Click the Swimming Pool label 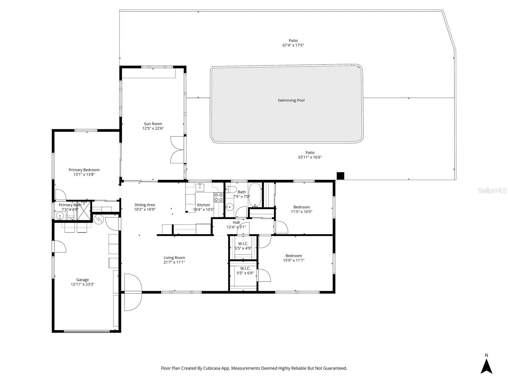pyautogui.click(x=291, y=100)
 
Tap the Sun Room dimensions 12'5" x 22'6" pyautogui.click(x=153, y=128)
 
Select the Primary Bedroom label pyautogui.click(x=84, y=170)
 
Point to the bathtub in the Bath pyautogui.click(x=254, y=195)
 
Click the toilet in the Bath pyautogui.click(x=231, y=190)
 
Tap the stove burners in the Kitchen pyautogui.click(x=218, y=197)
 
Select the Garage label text pyautogui.click(x=82, y=280)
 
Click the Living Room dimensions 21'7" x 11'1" pyautogui.click(x=174, y=262)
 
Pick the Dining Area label pyautogui.click(x=145, y=205)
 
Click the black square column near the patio pyautogui.click(x=340, y=176)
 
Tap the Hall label pyautogui.click(x=236, y=222)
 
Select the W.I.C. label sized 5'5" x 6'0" pyautogui.click(x=245, y=269)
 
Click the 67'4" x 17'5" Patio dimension pyautogui.click(x=293, y=45)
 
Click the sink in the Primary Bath pyautogui.click(x=59, y=216)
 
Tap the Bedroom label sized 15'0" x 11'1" pyautogui.click(x=294, y=255)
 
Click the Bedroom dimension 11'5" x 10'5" pyautogui.click(x=301, y=212)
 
